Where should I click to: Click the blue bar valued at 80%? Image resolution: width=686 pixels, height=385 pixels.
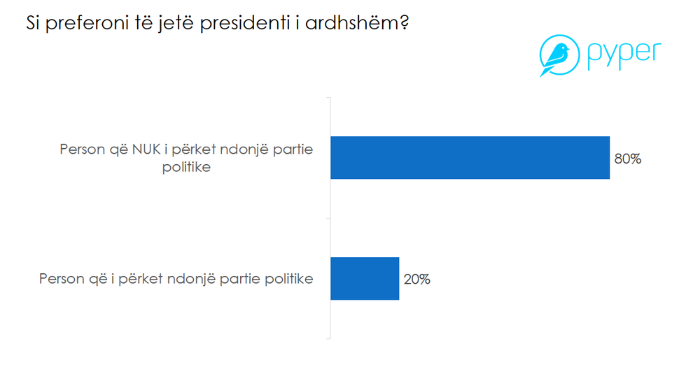pyautogui.click(x=470, y=158)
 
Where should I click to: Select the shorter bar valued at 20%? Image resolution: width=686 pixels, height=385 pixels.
pyautogui.click(x=364, y=279)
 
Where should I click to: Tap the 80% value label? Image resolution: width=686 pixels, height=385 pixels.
pyautogui.click(x=627, y=159)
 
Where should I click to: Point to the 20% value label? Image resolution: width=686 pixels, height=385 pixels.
pyautogui.click(x=416, y=279)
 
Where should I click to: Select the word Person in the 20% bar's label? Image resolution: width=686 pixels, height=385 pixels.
pyautogui.click(x=61, y=279)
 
